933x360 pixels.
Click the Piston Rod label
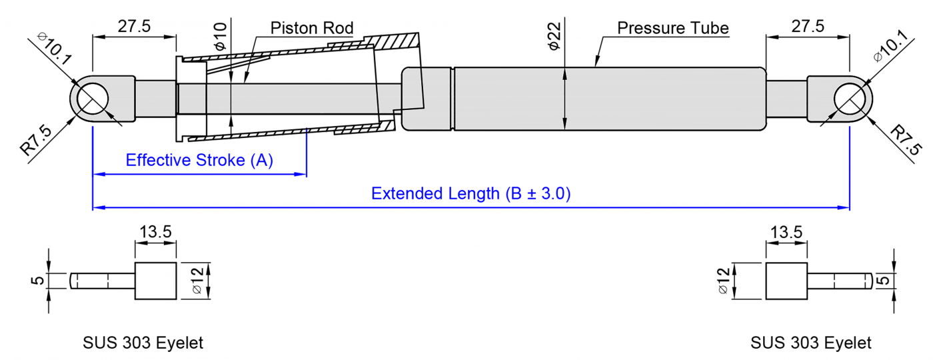pyautogui.click(x=312, y=28)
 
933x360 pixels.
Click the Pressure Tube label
pyautogui.click(x=672, y=28)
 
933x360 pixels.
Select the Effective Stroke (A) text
pyautogui.click(x=199, y=161)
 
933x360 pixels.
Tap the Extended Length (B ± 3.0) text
pyautogui.click(x=470, y=194)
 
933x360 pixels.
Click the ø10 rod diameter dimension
pyautogui.click(x=221, y=35)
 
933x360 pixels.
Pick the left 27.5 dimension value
pyautogui.click(x=135, y=27)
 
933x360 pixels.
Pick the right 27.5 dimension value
pyautogui.click(x=807, y=27)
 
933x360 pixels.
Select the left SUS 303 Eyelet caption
pyautogui.click(x=143, y=343)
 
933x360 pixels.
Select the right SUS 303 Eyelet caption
pyautogui.click(x=810, y=343)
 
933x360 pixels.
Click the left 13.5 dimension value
pyautogui.click(x=155, y=232)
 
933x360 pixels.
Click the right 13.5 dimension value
pyautogui.click(x=786, y=232)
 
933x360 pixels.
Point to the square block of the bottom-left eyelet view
pyautogui.click(x=156, y=281)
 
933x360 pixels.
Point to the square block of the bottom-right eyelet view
pyautogui.click(x=786, y=281)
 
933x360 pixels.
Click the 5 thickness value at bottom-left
pyautogui.click(x=39, y=281)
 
